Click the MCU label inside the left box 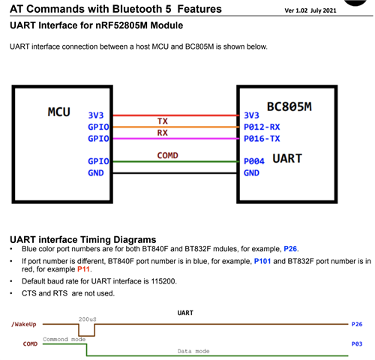click(59, 112)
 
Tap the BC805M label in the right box click(289, 106)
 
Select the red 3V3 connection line click(175, 115)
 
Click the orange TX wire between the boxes click(175, 127)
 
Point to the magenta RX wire click(175, 139)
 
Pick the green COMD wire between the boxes click(175, 161)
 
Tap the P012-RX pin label click(262, 127)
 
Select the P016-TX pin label click(262, 139)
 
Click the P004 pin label click(254, 161)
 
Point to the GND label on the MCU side click(96, 172)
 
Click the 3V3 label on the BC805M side click(251, 115)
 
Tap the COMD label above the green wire click(167, 155)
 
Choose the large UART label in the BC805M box click(287, 158)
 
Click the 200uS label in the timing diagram click(87, 319)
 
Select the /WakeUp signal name click(24, 324)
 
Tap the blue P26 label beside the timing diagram click(357, 324)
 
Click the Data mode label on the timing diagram click(193, 351)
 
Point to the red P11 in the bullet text click(83, 269)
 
